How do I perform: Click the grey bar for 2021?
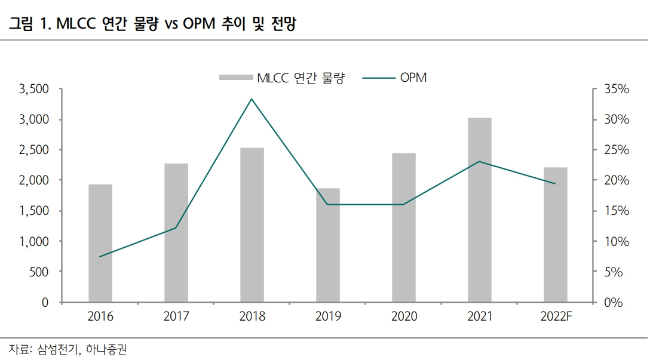pos(479,210)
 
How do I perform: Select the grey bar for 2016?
pos(100,243)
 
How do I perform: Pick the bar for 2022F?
pos(555,235)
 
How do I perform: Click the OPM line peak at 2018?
pos(252,99)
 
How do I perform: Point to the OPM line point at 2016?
pos(100,257)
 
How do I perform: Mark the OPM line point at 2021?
pos(479,162)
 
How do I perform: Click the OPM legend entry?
pos(413,78)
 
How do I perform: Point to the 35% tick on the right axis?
pos(616,89)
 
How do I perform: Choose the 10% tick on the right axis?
pos(616,241)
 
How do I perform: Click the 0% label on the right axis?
pos(612,302)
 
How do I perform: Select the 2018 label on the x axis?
pos(252,316)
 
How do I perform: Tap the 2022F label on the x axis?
pos(555,316)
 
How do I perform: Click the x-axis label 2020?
pos(403,316)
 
